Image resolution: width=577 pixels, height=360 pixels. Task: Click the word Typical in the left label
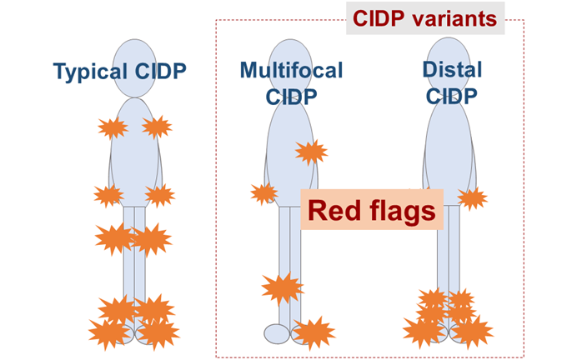click(x=90, y=72)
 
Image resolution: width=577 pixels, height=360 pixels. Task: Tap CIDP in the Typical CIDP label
click(x=160, y=71)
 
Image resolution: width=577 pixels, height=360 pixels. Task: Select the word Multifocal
click(x=292, y=70)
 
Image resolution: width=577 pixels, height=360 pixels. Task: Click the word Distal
click(x=452, y=69)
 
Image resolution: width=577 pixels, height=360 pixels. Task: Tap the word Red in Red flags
click(x=334, y=210)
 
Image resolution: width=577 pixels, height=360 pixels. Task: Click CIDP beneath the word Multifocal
click(x=291, y=97)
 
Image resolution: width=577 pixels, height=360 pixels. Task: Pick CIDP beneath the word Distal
click(x=452, y=96)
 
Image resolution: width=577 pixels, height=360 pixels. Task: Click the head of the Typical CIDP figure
click(x=135, y=68)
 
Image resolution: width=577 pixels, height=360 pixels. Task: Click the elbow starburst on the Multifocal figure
click(x=311, y=152)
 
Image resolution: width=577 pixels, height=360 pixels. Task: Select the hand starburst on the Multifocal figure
click(x=264, y=194)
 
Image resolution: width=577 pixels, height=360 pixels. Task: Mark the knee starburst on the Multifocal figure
click(x=282, y=288)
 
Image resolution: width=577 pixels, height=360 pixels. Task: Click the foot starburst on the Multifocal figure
click(x=314, y=332)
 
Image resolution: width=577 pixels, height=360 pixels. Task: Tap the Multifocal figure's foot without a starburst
click(x=277, y=333)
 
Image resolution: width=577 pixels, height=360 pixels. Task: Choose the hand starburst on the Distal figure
click(x=473, y=198)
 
